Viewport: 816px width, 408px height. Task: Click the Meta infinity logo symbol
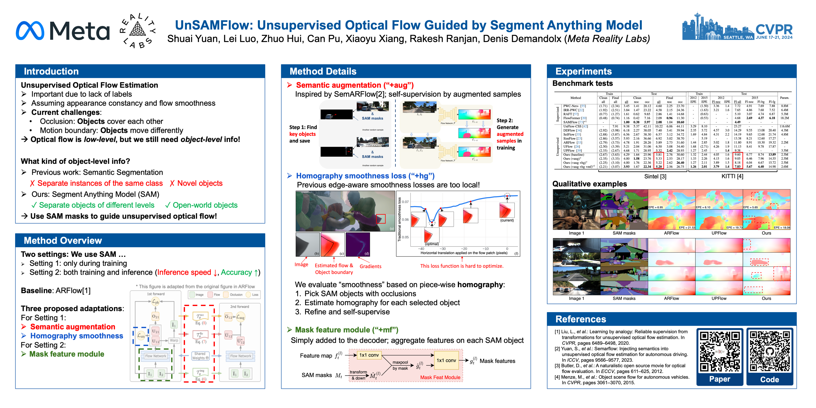point(30,31)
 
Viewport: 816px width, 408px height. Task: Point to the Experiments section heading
point(583,71)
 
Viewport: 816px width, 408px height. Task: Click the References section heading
point(581,319)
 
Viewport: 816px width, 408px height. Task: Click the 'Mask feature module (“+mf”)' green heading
point(347,330)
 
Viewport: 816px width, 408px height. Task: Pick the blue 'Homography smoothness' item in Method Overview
point(76,336)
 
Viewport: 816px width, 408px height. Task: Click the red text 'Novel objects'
point(200,183)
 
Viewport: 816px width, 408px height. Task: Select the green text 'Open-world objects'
point(205,205)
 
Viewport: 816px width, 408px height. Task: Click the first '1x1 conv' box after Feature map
point(369,355)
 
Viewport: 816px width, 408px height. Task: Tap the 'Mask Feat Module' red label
point(440,377)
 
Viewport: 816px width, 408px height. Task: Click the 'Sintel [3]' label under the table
point(655,176)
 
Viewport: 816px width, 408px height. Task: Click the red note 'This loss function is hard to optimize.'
point(461,266)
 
